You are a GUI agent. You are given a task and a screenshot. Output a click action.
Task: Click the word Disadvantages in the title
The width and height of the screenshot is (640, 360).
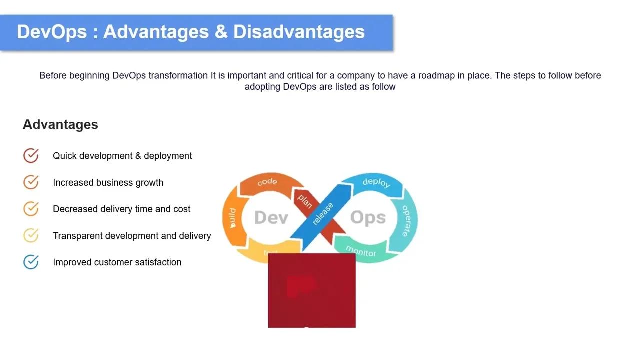299,32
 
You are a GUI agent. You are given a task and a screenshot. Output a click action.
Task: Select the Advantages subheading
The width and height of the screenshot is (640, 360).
60,124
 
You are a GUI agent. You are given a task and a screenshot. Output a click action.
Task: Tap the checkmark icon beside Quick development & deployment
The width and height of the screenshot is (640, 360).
31,156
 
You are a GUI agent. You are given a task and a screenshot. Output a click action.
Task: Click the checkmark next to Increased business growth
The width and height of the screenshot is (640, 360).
31,182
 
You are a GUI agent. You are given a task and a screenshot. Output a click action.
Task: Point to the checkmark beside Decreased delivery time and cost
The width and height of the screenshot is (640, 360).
31,209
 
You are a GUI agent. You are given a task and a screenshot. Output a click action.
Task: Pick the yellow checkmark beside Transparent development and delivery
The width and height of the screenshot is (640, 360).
31,235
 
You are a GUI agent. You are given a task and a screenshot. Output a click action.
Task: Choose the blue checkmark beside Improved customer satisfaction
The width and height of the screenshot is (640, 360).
31,262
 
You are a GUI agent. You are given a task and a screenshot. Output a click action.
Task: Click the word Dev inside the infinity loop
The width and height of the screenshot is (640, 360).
271,218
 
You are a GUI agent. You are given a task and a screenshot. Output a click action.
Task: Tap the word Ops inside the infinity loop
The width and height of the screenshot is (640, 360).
368,218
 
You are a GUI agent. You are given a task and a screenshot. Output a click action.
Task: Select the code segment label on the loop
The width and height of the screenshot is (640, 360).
267,182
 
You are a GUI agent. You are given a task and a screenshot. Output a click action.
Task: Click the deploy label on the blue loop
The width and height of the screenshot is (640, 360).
376,182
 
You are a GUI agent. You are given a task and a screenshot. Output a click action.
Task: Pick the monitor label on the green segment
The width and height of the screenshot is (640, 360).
360,251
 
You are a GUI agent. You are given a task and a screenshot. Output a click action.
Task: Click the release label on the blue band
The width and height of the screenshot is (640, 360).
322,214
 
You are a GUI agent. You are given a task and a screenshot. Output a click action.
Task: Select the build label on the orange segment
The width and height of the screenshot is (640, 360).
232,218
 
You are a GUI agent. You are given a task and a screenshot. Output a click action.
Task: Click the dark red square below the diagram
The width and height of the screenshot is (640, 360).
312,290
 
